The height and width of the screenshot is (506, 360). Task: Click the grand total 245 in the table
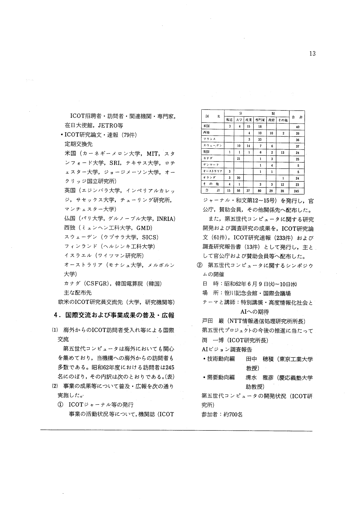(x=297, y=191)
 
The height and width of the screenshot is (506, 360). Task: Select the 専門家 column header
(x=260, y=119)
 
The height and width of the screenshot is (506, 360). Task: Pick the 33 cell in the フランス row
(x=260, y=140)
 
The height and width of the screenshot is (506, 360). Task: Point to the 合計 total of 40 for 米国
(x=297, y=127)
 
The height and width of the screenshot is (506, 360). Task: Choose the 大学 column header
(x=239, y=119)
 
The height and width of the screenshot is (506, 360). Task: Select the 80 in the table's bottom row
(x=260, y=191)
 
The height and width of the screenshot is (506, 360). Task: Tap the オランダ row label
(x=208, y=178)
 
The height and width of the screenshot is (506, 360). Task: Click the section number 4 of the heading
(x=57, y=315)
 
